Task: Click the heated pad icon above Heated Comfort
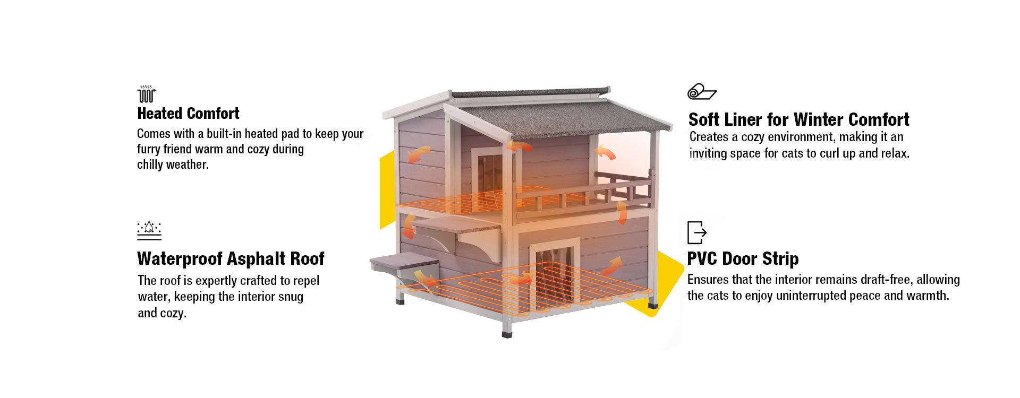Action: coord(146,94)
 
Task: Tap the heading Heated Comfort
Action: coord(188,114)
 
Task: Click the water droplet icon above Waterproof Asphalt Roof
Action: coord(149,230)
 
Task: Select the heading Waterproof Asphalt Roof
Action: coord(231,258)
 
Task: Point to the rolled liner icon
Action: coord(702,92)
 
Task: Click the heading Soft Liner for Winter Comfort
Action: coord(798,119)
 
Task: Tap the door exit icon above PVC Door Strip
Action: coord(696,232)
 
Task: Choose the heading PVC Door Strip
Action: coord(743,258)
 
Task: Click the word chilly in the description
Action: coord(150,165)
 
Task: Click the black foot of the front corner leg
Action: coord(507,334)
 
